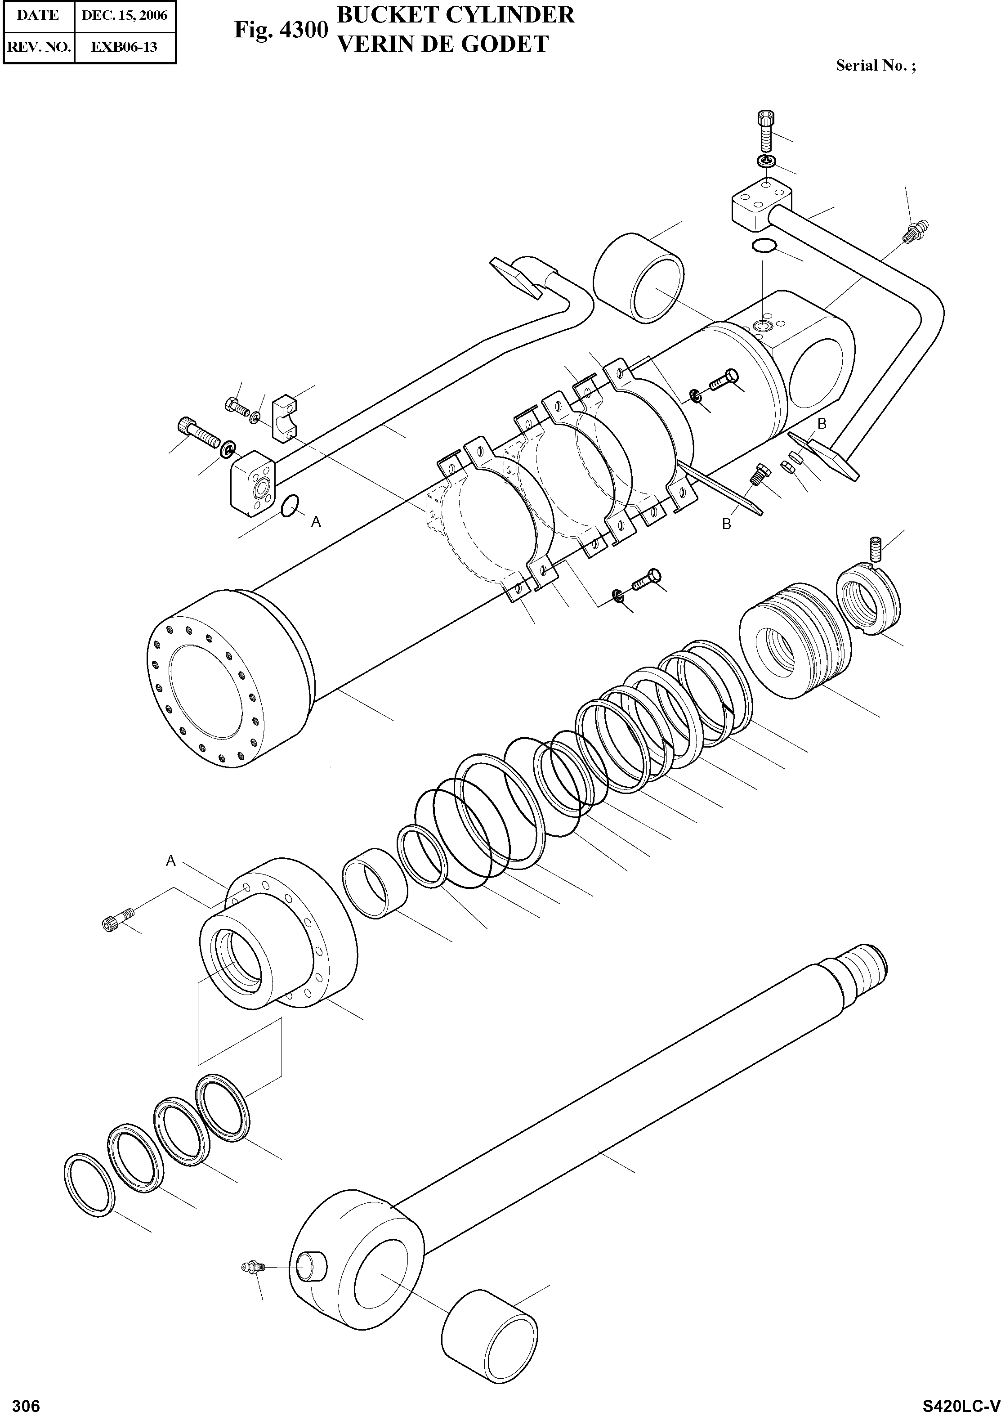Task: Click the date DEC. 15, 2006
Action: coord(125,15)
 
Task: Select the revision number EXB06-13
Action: coord(125,47)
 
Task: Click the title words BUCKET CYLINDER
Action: coord(456,15)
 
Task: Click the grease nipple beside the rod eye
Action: coord(252,1267)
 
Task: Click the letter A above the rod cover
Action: coord(171,861)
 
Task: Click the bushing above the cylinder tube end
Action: coord(639,278)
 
